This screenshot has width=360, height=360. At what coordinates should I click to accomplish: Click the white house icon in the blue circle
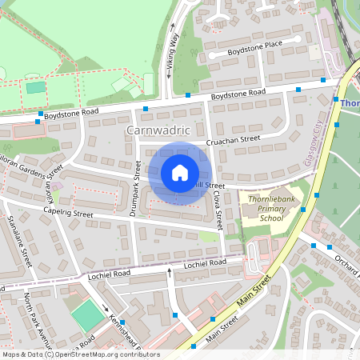(180, 173)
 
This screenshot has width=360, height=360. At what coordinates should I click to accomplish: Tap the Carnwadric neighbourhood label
(157, 129)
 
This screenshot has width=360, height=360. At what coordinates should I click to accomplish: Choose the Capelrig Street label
(69, 214)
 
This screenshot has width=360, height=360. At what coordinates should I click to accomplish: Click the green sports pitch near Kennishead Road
(87, 315)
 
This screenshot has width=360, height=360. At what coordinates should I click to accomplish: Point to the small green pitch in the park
(36, 87)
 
